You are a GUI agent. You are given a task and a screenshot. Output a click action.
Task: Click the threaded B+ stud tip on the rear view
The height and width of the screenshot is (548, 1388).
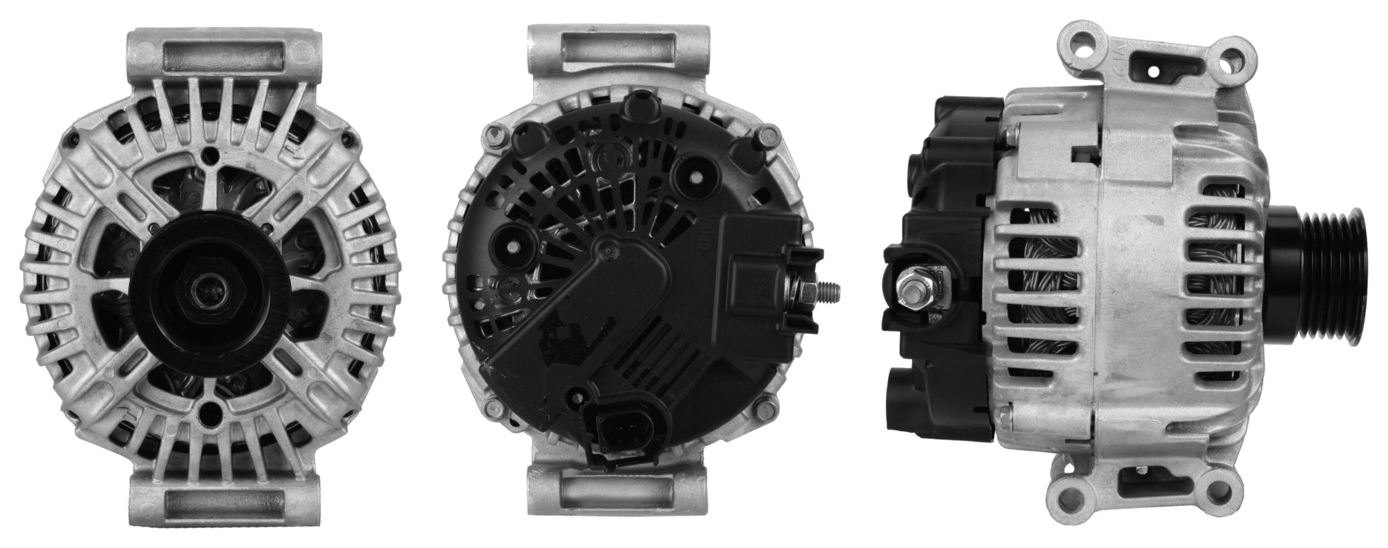pos(833,289)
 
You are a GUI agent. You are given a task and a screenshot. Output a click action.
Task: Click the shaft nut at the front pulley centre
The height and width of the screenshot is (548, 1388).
pos(209,289)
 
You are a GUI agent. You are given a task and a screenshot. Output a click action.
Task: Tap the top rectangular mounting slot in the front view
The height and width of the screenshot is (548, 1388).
pos(224,57)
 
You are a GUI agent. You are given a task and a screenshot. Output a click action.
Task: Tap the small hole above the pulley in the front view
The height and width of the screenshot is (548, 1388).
pos(210,155)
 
